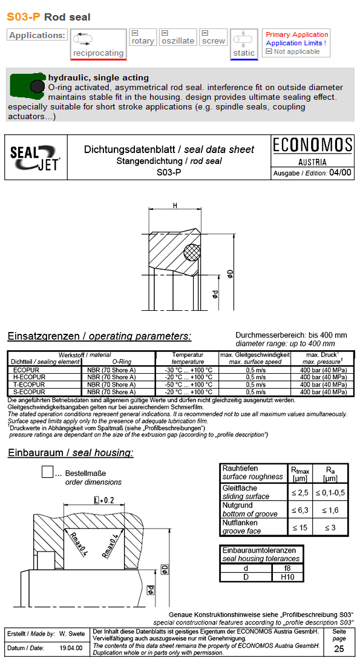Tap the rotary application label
[143, 41]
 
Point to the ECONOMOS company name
[312, 145]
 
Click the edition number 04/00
[339, 172]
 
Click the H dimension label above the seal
[175, 206]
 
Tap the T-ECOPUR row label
[28, 385]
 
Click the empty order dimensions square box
[48, 472]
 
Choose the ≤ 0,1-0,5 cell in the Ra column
[330, 493]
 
